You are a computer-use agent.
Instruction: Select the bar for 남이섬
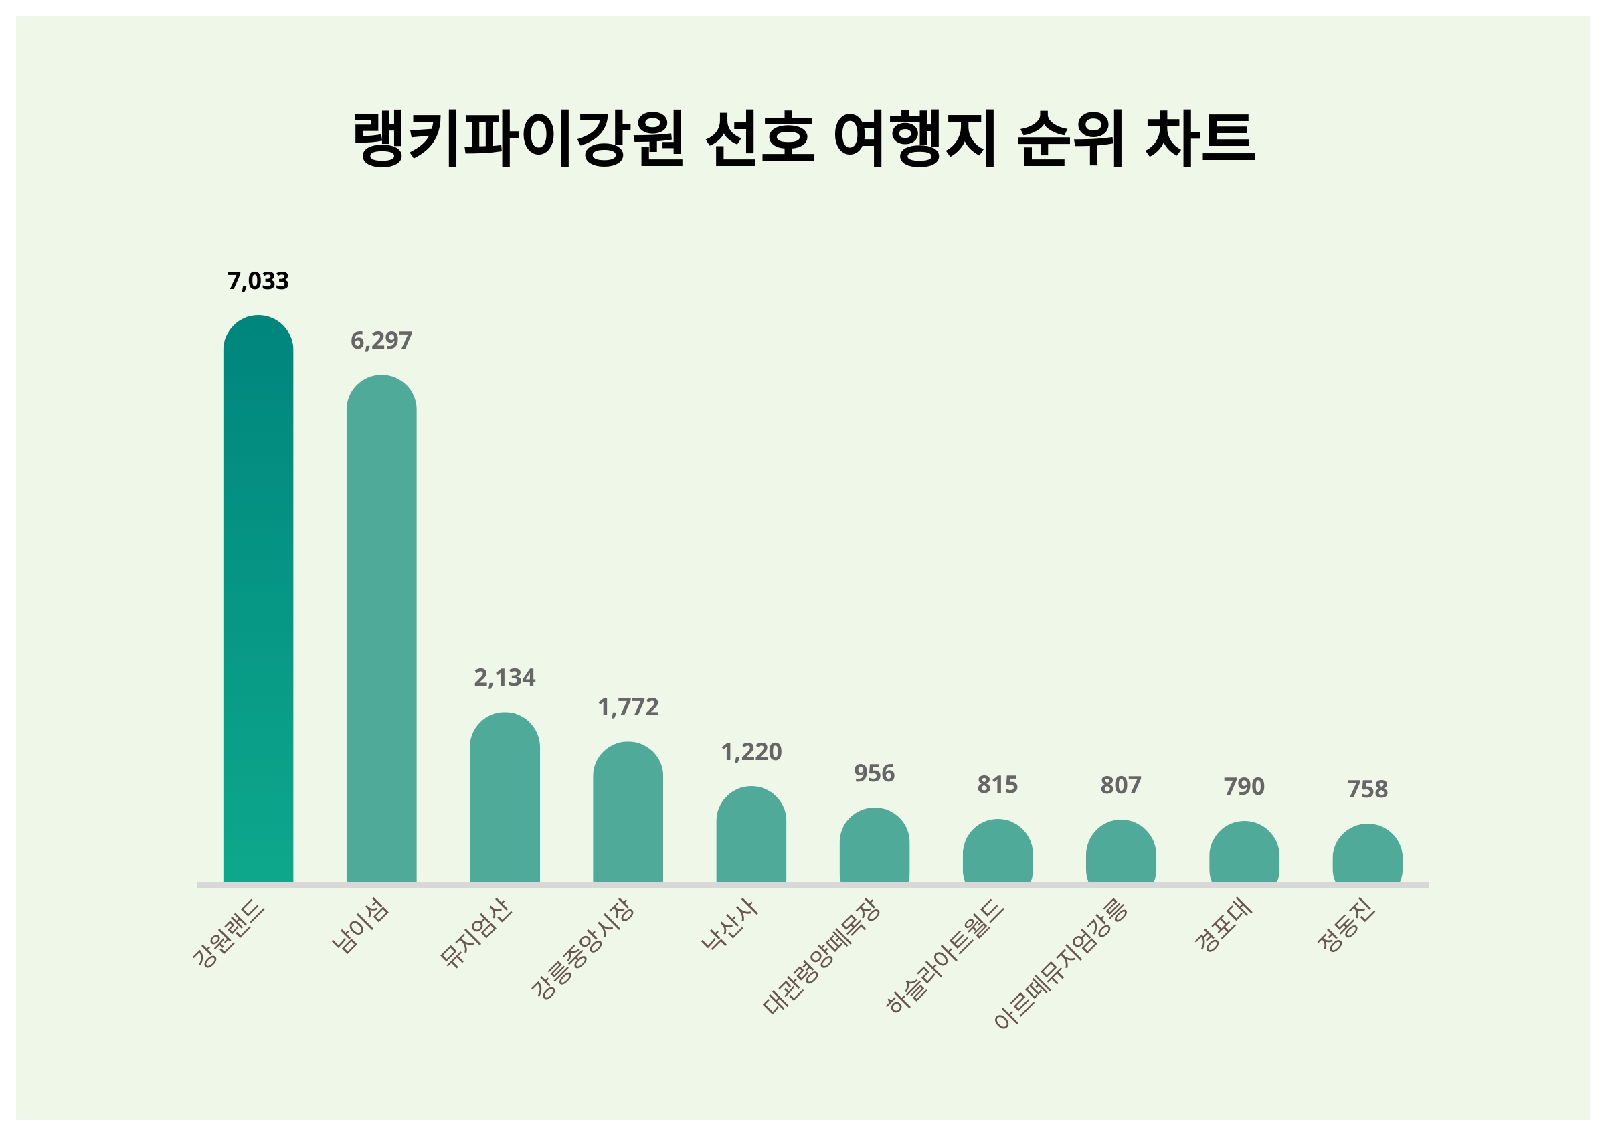(381, 629)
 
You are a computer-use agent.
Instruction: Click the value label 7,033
(258, 281)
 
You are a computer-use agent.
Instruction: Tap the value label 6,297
(381, 341)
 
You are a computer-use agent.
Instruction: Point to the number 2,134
(505, 678)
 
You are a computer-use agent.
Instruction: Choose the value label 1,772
(628, 707)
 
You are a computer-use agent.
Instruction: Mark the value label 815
(998, 785)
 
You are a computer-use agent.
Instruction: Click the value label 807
(1121, 785)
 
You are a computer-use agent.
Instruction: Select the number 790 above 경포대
(1244, 787)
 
